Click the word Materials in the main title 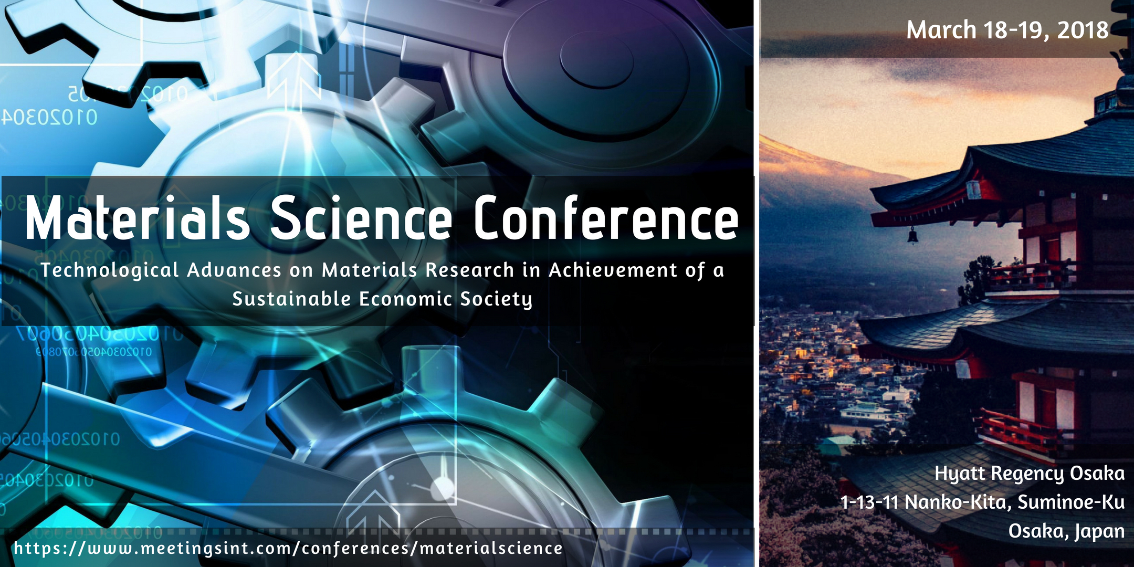(x=137, y=218)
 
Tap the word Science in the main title (x=361, y=218)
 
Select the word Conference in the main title (x=606, y=217)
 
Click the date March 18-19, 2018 (x=1007, y=30)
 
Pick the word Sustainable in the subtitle (x=291, y=299)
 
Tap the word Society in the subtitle (x=496, y=299)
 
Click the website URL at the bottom (x=288, y=549)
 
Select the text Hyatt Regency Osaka (x=1030, y=474)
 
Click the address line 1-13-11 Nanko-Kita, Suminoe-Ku (x=982, y=502)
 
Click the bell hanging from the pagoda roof (x=913, y=235)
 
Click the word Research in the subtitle (x=470, y=270)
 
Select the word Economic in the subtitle (x=406, y=299)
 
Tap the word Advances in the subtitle (x=234, y=270)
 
